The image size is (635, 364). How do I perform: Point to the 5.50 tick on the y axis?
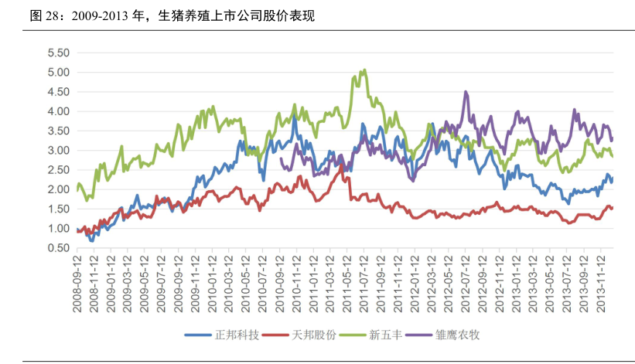click(59, 53)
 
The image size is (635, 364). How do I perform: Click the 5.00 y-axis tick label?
click(59, 73)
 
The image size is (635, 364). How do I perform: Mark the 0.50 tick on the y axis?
click(59, 248)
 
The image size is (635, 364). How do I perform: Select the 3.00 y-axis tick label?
click(59, 151)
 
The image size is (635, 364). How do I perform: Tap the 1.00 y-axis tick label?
click(59, 229)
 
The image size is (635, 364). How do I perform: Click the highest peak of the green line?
click(364, 70)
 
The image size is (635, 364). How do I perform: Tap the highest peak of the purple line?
click(466, 92)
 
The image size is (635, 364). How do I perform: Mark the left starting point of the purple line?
click(281, 159)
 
